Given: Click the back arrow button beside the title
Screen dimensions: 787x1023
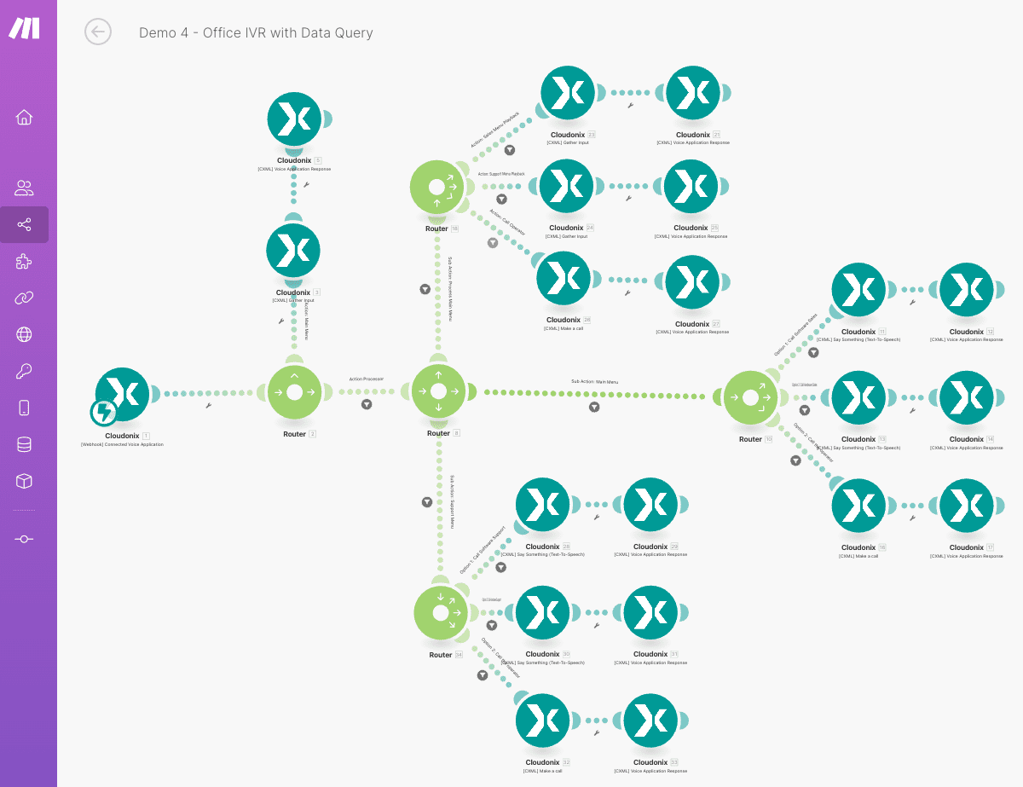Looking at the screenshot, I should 98,32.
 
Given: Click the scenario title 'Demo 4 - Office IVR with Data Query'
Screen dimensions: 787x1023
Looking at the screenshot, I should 256,32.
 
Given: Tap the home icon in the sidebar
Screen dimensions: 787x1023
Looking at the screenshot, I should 24,117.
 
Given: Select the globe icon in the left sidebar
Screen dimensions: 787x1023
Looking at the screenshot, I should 24,334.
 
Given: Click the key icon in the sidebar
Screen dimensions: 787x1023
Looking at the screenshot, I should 24,371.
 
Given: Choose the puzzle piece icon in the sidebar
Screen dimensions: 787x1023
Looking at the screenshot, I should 24,261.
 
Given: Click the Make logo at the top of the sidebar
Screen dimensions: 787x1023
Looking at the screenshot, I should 24,28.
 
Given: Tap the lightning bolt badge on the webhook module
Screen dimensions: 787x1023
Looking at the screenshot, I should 104,413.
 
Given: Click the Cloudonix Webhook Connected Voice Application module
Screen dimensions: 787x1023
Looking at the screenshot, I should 123,394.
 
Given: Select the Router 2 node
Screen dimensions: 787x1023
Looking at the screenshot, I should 294,392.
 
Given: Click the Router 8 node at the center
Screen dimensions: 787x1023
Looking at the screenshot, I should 438,391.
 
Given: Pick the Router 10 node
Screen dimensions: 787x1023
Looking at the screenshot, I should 750,397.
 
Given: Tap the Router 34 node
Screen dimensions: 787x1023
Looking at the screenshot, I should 441,613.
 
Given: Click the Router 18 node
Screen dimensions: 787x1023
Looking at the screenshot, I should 436,187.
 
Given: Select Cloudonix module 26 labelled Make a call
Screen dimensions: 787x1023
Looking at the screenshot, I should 564,278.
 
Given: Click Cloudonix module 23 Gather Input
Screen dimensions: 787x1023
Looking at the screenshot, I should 568,93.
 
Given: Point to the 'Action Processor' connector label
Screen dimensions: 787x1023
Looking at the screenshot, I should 366,379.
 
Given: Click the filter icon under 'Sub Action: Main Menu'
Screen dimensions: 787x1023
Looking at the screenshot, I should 594,407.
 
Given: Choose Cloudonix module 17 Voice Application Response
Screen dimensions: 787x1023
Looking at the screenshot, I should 966,506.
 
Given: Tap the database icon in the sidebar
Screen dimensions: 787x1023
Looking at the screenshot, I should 24,444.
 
